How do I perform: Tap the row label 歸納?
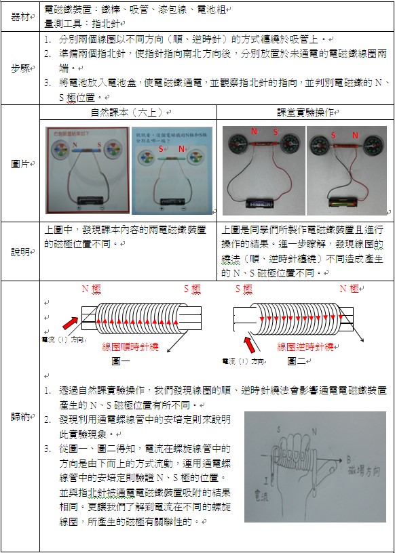pos(20,416)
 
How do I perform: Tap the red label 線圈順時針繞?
pos(129,346)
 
